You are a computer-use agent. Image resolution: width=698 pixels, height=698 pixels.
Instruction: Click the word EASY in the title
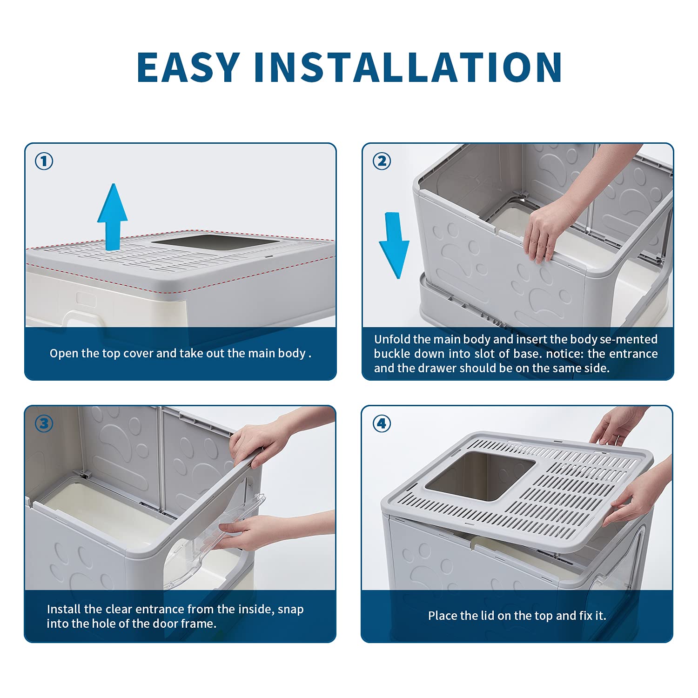[x=188, y=67]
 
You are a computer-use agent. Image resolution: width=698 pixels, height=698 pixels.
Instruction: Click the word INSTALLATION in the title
[x=409, y=67]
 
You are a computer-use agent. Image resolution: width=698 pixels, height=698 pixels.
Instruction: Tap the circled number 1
[x=44, y=161]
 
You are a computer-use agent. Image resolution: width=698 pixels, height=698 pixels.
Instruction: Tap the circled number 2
[x=382, y=161]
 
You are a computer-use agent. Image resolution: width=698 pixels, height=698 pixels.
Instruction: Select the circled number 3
[x=44, y=423]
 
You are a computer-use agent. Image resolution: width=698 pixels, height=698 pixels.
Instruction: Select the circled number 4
[x=382, y=423]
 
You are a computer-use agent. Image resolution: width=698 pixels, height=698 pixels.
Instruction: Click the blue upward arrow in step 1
[x=112, y=216]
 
